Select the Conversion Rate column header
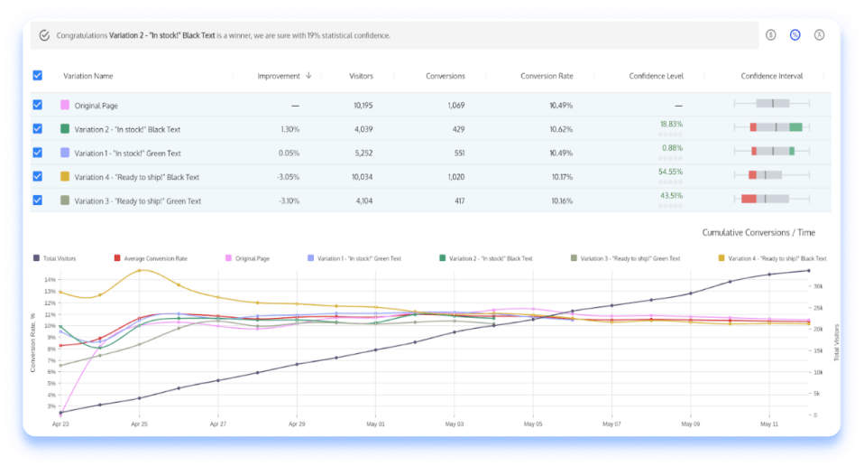pyautogui.click(x=547, y=76)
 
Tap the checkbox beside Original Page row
pyautogui.click(x=37, y=105)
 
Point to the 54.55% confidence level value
pyautogui.click(x=670, y=171)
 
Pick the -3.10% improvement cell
pyautogui.click(x=287, y=200)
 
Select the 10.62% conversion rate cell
pyautogui.click(x=561, y=129)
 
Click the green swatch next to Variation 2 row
pyautogui.click(x=65, y=129)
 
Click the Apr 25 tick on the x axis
pyautogui.click(x=139, y=423)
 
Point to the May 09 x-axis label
pyautogui.click(x=691, y=423)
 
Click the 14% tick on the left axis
pyautogui.click(x=50, y=279)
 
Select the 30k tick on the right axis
pyautogui.click(x=817, y=286)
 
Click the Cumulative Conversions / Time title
pyautogui.click(x=764, y=233)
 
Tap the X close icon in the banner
pyautogui.click(x=819, y=35)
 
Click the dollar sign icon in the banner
pyautogui.click(x=771, y=35)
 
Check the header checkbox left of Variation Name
pyautogui.click(x=37, y=76)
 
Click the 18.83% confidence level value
pyautogui.click(x=671, y=124)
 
